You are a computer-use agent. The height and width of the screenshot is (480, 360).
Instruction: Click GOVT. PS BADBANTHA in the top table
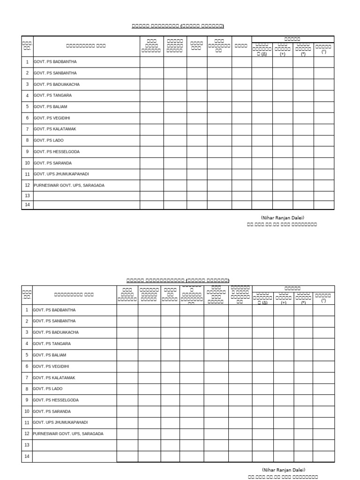[x=55, y=62]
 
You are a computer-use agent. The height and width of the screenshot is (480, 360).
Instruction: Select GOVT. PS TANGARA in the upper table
[x=52, y=96]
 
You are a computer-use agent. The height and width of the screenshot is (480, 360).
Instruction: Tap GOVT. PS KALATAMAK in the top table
[x=54, y=129]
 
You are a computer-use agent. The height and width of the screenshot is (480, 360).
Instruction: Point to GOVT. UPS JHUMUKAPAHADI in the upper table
[x=61, y=174]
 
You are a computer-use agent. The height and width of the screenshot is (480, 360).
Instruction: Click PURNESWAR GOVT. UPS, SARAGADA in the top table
[x=69, y=186]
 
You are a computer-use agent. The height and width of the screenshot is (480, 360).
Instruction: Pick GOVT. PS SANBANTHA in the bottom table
[x=55, y=322]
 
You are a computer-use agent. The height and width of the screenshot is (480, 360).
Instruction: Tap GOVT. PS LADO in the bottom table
[x=48, y=389]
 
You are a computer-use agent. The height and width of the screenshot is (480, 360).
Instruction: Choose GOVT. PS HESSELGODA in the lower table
[x=56, y=400]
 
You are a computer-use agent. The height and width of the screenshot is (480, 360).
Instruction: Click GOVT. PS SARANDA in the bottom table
[x=52, y=412]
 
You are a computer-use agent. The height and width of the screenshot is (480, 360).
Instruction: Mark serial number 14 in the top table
[x=27, y=205]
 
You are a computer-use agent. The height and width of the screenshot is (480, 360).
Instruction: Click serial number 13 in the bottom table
[x=27, y=445]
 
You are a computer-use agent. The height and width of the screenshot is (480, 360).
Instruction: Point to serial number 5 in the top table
[x=27, y=107]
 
